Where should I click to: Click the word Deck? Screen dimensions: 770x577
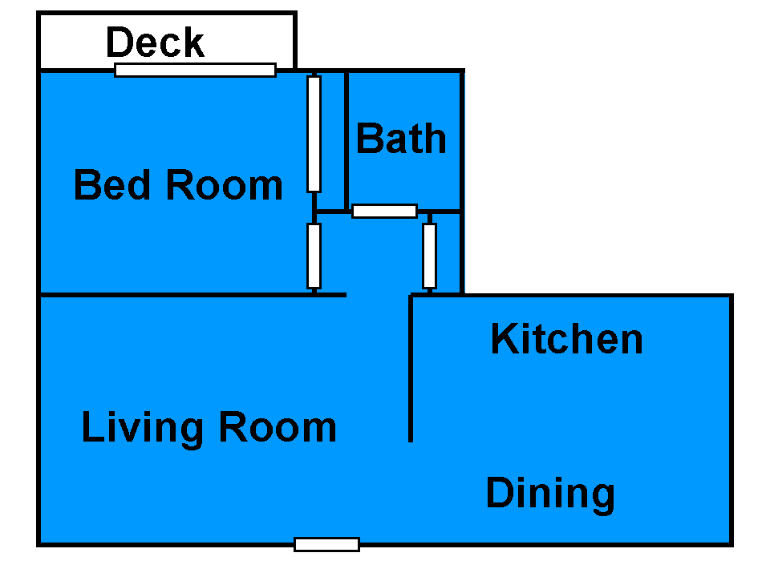[x=155, y=42]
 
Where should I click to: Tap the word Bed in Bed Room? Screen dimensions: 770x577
[x=112, y=184]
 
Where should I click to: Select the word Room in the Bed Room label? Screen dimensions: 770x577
[x=225, y=184]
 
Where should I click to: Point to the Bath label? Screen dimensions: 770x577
[x=401, y=139]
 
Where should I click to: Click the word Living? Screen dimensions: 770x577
[x=143, y=428]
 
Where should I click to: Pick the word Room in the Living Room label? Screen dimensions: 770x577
[x=278, y=427]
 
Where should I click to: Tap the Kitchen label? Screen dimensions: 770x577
[x=567, y=338]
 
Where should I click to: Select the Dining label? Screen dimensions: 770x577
[x=550, y=494]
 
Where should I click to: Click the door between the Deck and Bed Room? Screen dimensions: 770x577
[x=195, y=71]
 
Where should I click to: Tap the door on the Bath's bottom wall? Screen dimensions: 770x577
[x=384, y=211]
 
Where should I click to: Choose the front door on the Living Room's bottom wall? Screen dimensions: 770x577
[x=326, y=544]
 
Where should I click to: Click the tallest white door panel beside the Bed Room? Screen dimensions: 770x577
[x=314, y=134]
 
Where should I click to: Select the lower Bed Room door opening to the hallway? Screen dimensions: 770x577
[x=314, y=256]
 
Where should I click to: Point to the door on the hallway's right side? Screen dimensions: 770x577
[x=429, y=256]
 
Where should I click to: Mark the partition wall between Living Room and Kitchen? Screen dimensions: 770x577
[x=411, y=369]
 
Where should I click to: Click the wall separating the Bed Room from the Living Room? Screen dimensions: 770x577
[x=192, y=295]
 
